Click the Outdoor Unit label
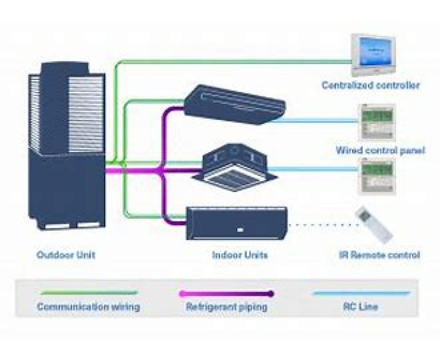click(66, 255)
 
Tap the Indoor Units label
click(240, 255)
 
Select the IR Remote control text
click(379, 255)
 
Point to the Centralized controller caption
click(371, 86)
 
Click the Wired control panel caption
click(380, 150)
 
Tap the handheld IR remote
click(374, 224)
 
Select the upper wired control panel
click(377, 122)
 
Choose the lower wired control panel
click(377, 176)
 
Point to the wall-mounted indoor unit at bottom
click(236, 223)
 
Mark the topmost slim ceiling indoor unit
click(235, 105)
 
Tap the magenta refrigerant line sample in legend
click(226, 294)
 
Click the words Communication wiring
click(88, 307)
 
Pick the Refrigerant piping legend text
click(226, 307)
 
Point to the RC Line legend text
click(360, 307)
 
